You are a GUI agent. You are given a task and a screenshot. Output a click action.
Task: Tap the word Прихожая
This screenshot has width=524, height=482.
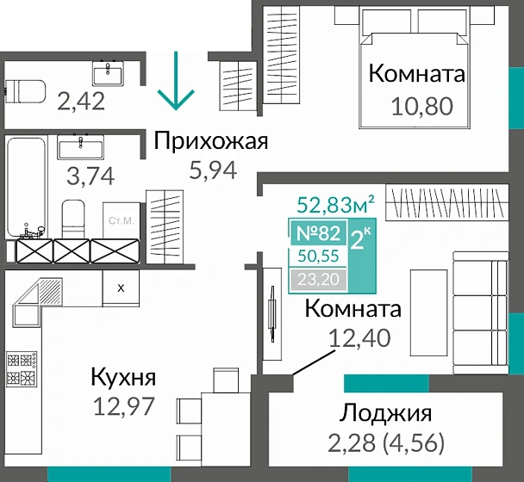pos(211,141)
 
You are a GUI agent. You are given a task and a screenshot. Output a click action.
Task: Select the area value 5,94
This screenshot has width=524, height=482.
pos(212,170)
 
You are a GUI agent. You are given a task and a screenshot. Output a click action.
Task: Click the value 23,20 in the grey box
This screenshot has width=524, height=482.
pos(319,278)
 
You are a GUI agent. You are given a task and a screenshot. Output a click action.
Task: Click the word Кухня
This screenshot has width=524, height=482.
pos(123,376)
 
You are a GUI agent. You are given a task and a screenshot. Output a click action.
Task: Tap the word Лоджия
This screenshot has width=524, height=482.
pos(386,412)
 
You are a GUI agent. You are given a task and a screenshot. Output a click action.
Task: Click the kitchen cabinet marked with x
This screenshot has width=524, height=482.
pos(120,287)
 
